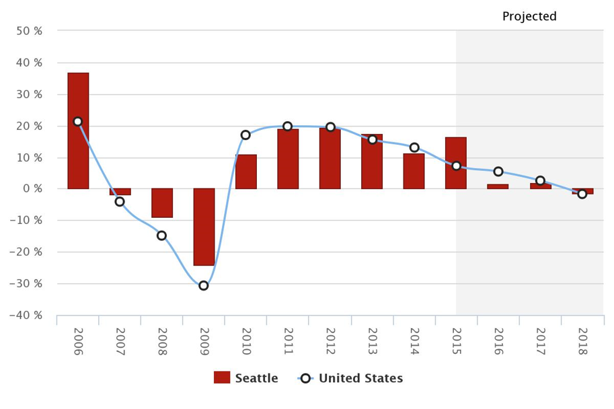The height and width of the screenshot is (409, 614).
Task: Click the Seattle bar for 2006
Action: click(78, 131)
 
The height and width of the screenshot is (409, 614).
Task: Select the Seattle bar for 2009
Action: click(204, 227)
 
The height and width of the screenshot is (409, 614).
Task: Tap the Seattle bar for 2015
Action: click(456, 163)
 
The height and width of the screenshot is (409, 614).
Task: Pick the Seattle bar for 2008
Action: click(162, 203)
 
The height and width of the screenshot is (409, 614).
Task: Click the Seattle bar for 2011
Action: click(288, 159)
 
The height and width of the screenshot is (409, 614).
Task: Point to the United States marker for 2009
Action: click(204, 286)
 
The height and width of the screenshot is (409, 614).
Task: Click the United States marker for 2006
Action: click(78, 122)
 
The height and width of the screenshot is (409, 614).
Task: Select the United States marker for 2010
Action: click(245, 135)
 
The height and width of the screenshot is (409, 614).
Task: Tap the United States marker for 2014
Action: click(414, 148)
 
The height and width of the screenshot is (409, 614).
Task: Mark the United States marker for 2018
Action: click(582, 194)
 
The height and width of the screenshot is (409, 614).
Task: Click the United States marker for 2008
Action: click(162, 235)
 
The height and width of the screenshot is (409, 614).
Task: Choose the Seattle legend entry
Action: click(246, 378)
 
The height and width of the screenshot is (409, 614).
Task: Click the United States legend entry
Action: click(350, 378)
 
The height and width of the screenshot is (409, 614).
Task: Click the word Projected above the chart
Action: click(529, 17)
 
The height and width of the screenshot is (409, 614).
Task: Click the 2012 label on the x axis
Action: click(330, 342)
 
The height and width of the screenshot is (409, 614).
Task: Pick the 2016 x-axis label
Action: click(498, 342)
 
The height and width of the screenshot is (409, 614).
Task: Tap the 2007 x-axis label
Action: click(120, 342)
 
